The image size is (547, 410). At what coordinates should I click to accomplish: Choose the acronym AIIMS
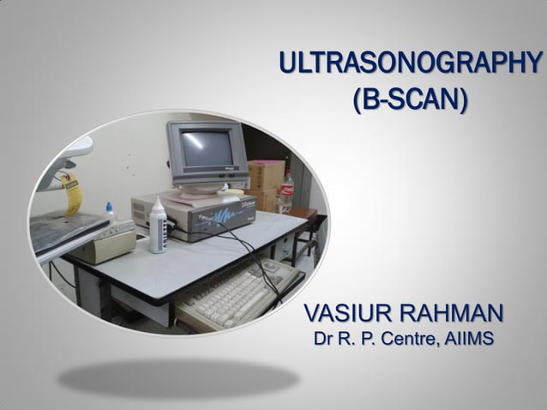(467, 339)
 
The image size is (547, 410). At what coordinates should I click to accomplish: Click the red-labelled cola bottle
(286, 191)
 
